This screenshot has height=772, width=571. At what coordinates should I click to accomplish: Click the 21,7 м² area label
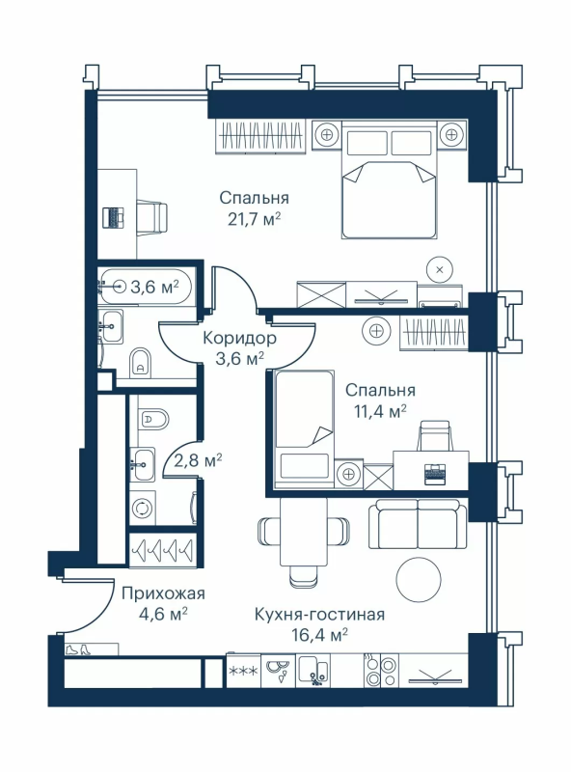click(x=254, y=218)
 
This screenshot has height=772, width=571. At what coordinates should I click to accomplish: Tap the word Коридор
click(x=240, y=339)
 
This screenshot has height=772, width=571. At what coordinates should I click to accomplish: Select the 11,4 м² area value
click(x=380, y=411)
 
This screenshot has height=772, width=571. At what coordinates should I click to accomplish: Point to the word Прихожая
click(x=163, y=593)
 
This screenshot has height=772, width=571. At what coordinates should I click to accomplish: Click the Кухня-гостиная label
click(x=319, y=615)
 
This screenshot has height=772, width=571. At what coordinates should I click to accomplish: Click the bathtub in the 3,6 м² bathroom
click(x=145, y=285)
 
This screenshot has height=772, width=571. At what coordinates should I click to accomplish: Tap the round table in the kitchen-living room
click(x=419, y=579)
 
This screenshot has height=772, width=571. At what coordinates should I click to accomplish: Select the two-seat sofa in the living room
click(x=418, y=525)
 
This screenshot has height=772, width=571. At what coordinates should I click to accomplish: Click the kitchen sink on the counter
click(x=314, y=671)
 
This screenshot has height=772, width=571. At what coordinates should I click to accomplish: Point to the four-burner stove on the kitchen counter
click(x=380, y=671)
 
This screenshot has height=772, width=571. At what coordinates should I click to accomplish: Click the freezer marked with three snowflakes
click(x=243, y=671)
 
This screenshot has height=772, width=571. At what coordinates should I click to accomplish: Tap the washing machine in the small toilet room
click(x=143, y=509)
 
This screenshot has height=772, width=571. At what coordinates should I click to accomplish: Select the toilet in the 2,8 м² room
click(x=152, y=419)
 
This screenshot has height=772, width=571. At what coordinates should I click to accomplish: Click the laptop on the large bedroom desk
click(x=114, y=217)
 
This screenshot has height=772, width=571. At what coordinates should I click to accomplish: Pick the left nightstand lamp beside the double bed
click(x=326, y=133)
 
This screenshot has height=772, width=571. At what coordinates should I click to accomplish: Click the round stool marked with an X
click(x=440, y=269)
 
